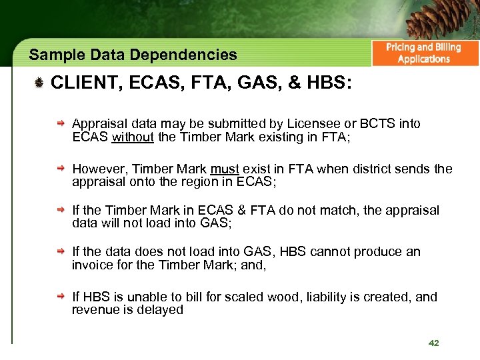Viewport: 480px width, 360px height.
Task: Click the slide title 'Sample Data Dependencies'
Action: [x=133, y=55]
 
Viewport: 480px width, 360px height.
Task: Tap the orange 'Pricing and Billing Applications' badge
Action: [x=423, y=53]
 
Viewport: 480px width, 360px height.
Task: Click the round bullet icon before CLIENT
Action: [x=39, y=83]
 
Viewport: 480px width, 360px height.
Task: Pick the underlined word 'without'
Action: [x=133, y=138]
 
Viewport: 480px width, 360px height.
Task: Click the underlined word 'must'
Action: [x=225, y=169]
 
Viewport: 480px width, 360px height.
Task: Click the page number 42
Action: [x=433, y=343]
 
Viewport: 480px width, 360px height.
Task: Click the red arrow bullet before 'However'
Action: [x=61, y=169]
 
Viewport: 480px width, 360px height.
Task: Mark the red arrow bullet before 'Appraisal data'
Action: [x=61, y=124]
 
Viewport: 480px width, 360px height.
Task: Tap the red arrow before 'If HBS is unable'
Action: [x=61, y=297]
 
